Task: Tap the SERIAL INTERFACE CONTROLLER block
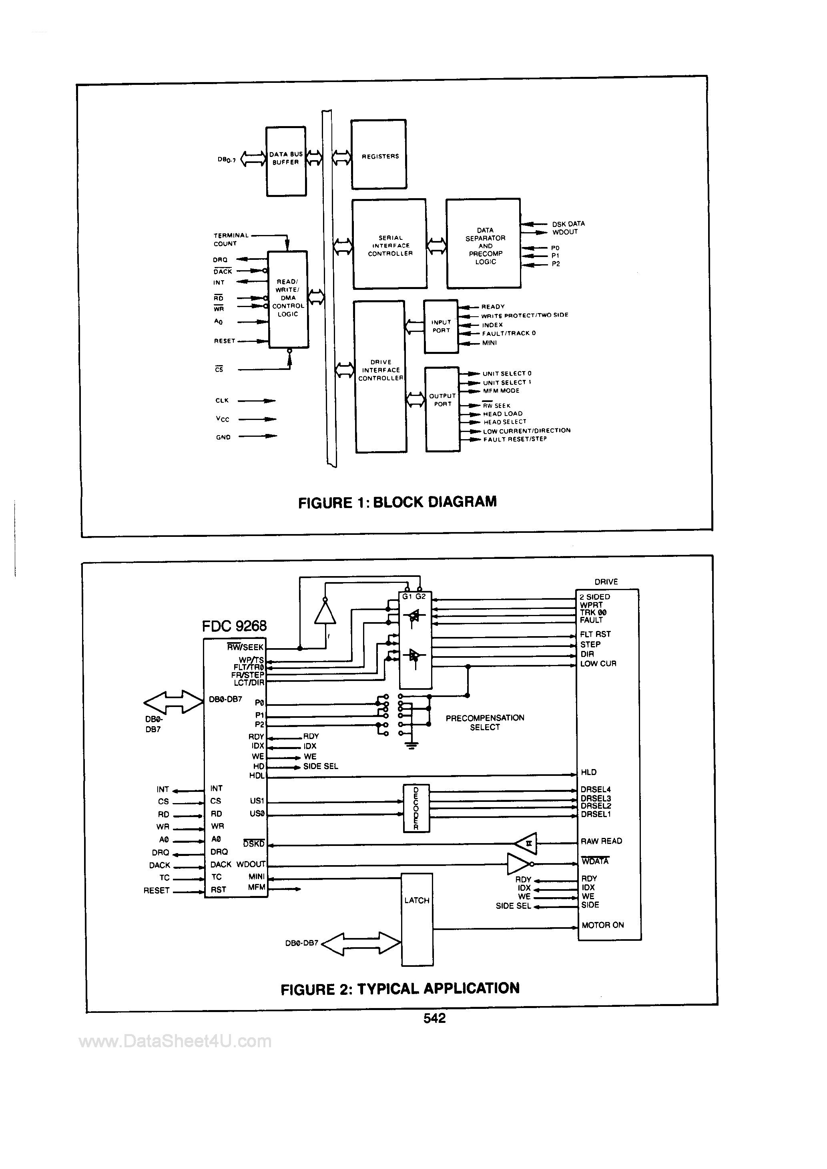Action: click(389, 244)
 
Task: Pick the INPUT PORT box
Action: click(441, 326)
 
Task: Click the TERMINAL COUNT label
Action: click(231, 239)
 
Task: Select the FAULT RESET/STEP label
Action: click(515, 439)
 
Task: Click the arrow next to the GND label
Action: click(258, 436)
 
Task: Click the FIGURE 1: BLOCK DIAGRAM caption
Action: click(397, 502)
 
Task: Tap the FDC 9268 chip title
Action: click(234, 626)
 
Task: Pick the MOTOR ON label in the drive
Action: click(602, 925)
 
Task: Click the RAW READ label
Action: click(601, 841)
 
